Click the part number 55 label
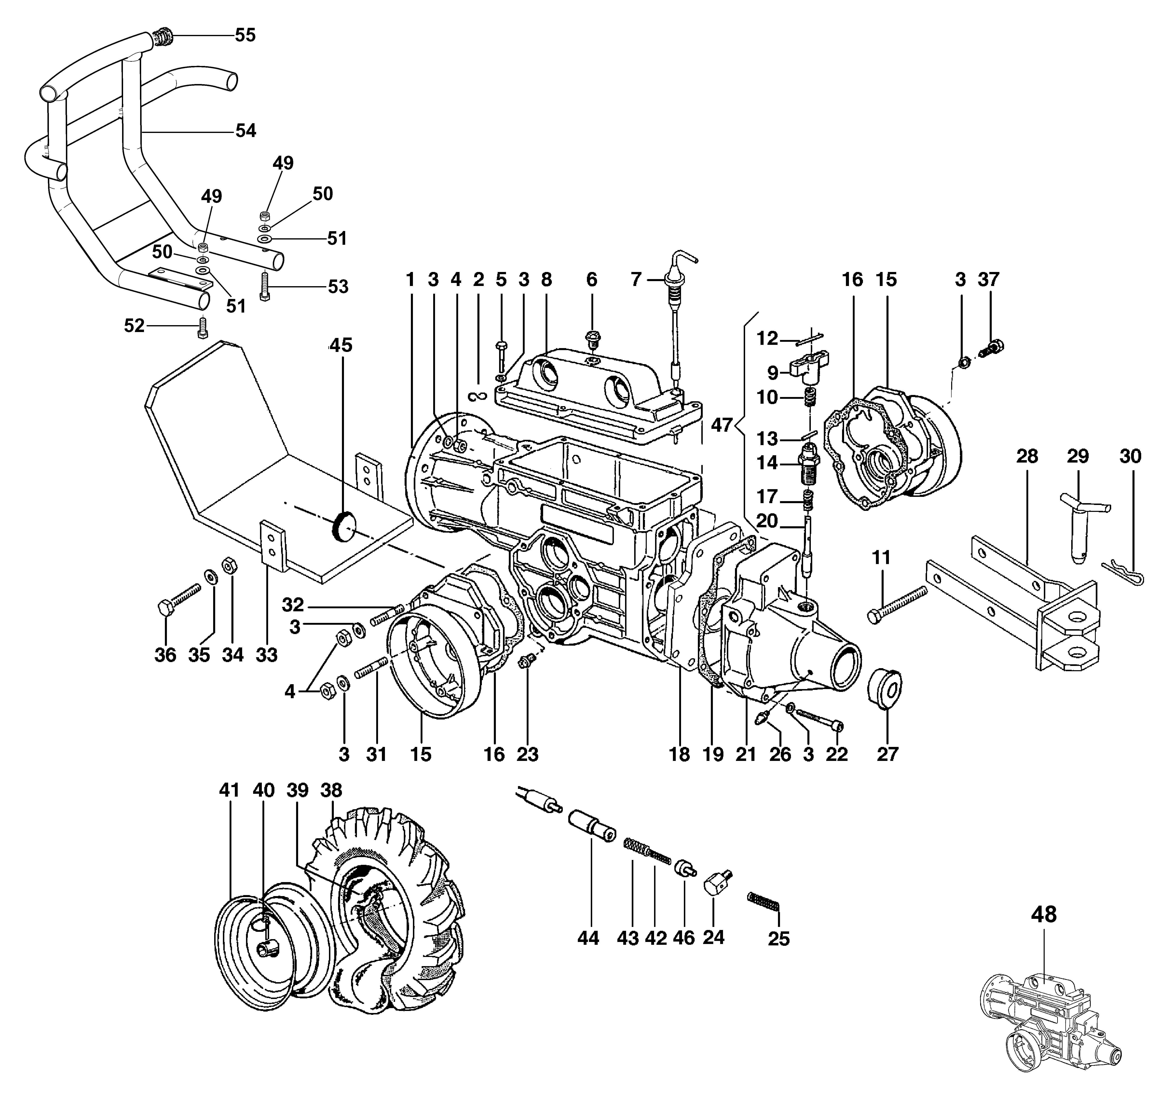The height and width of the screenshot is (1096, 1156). click(245, 35)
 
